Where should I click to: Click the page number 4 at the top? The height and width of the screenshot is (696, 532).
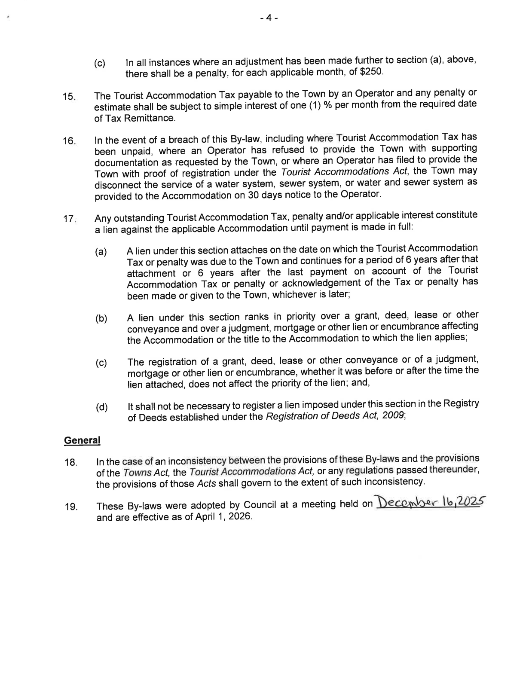click(269, 18)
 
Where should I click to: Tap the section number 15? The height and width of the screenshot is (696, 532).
click(69, 97)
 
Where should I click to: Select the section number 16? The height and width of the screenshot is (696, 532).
click(69, 141)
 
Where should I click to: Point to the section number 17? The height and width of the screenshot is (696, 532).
click(69, 219)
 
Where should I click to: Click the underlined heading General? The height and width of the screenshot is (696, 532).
click(82, 440)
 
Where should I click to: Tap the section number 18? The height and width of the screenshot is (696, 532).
click(70, 463)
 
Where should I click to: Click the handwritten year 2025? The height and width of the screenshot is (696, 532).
click(467, 501)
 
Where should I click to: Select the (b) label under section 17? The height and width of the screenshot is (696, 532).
click(101, 319)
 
